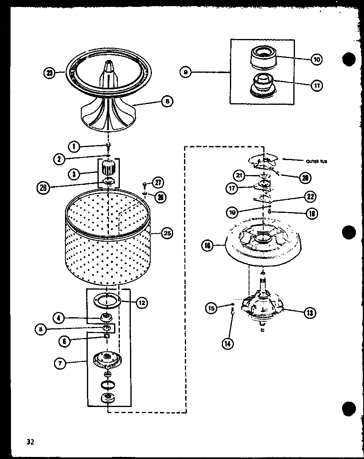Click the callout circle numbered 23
(50, 74)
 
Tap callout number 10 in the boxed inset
(316, 59)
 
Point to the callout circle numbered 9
(186, 72)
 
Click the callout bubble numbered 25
(167, 233)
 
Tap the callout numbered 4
(59, 317)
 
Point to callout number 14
(228, 343)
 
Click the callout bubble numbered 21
(239, 175)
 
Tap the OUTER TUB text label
(316, 161)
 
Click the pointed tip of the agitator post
(109, 62)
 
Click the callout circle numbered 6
(64, 342)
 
